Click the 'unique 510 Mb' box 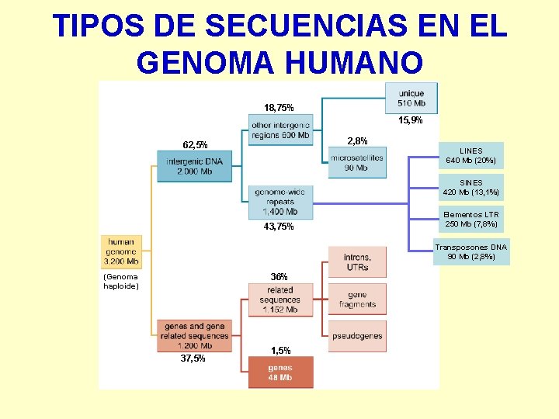click(x=411, y=98)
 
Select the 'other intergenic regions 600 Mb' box click(x=280, y=130)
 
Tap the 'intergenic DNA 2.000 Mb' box click(x=194, y=166)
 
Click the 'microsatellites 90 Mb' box click(x=356, y=162)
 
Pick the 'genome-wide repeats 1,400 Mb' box click(x=280, y=201)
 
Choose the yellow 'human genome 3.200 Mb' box click(x=121, y=251)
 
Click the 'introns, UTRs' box click(x=357, y=261)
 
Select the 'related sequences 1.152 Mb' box click(x=280, y=300)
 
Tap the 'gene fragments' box click(x=357, y=300)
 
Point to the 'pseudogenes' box click(x=357, y=335)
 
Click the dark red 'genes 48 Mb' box click(x=280, y=372)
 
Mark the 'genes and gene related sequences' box click(x=194, y=336)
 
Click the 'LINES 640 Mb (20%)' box click(x=470, y=156)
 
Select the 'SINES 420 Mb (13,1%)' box click(x=470, y=188)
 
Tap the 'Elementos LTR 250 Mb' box click(x=470, y=220)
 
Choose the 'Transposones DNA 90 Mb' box click(x=470, y=252)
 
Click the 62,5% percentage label click(x=194, y=145)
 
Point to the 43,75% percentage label click(x=279, y=227)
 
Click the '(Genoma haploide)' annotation click(x=120, y=281)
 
